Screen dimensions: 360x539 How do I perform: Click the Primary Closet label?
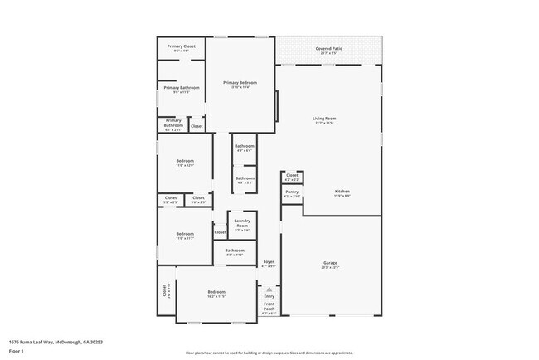(x=181, y=46)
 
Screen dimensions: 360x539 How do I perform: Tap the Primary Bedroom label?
(x=240, y=83)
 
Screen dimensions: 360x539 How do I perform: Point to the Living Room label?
(x=324, y=119)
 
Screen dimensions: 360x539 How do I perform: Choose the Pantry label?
(x=292, y=192)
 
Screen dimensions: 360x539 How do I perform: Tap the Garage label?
(x=330, y=264)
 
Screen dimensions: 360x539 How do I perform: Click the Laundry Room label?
(x=242, y=223)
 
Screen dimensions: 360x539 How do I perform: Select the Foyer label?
(x=268, y=262)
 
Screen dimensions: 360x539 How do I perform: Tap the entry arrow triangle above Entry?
(x=269, y=289)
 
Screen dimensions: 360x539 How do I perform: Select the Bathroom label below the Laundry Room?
(x=235, y=251)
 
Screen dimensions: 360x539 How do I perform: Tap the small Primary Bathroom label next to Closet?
(x=173, y=124)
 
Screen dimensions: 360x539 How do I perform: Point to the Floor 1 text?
(x=16, y=351)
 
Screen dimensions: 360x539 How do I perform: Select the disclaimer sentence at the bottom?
(x=269, y=352)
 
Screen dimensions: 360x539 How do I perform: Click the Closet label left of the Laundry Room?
(x=220, y=232)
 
